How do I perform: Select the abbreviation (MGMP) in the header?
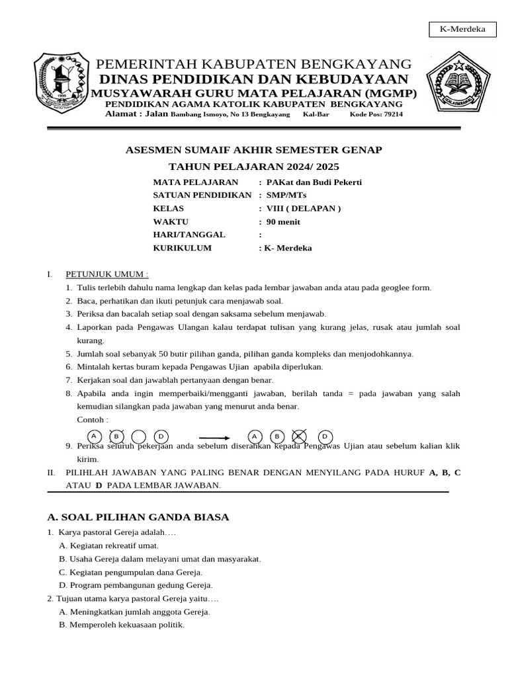383,93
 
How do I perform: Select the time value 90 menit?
284,221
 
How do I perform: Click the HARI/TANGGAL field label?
189,235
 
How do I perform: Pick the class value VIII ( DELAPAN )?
304,208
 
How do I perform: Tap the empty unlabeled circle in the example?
138,436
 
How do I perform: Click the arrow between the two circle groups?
214,437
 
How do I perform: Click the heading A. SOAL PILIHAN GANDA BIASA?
138,516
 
